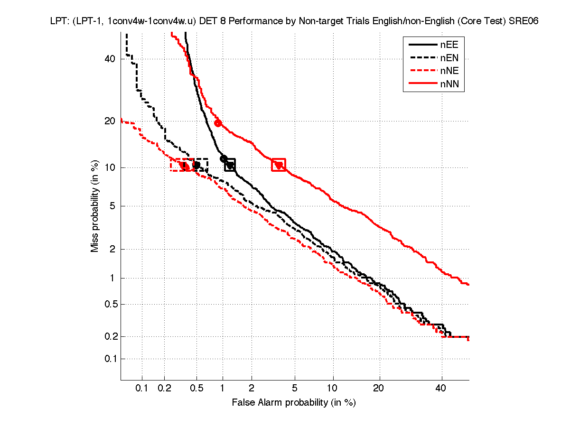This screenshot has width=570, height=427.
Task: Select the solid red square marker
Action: (279, 165)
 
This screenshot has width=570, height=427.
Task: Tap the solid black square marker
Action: (230, 165)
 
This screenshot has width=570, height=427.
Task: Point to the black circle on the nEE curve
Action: (224, 158)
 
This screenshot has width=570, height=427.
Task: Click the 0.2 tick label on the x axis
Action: (164, 389)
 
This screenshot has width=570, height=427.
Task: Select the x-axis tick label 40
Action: (441, 389)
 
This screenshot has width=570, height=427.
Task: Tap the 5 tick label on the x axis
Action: (295, 389)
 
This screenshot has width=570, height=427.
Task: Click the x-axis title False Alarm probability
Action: (294, 403)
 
